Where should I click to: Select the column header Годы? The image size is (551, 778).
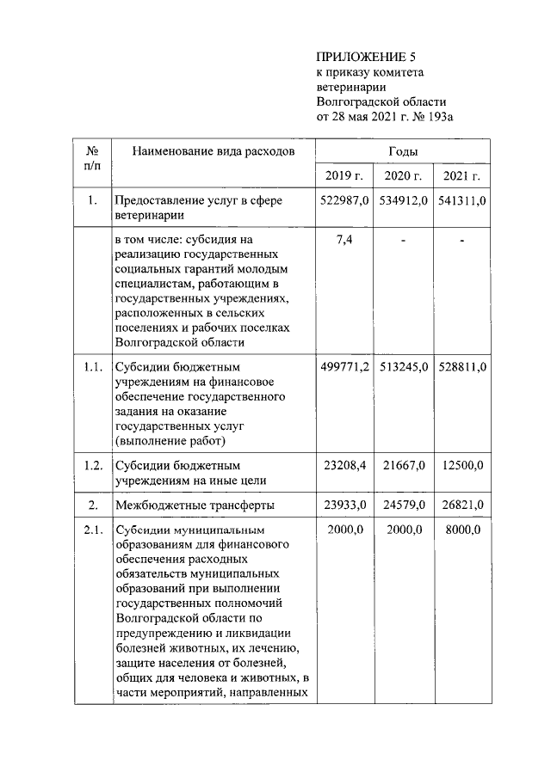point(403,151)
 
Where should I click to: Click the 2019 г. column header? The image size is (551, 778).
point(344,177)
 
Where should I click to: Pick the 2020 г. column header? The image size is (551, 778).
point(403,177)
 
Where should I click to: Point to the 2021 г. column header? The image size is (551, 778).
point(461,177)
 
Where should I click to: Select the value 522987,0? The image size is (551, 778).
point(344,200)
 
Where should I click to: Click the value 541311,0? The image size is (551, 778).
point(462,200)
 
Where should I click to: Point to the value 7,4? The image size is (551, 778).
point(344,239)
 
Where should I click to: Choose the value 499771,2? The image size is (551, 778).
point(344,366)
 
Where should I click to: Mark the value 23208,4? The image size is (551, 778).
point(344,465)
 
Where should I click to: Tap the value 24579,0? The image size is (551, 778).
point(403,505)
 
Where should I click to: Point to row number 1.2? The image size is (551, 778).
point(93,465)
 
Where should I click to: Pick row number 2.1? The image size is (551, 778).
point(93,530)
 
